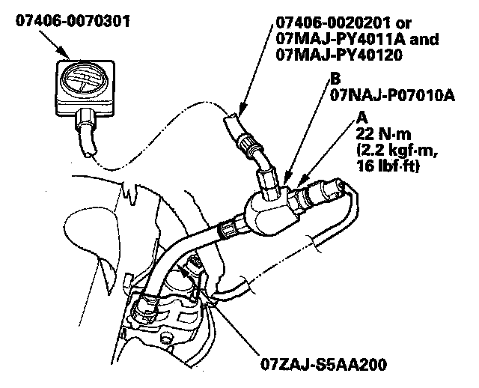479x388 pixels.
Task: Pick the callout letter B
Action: coord(335,77)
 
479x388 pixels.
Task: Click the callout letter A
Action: coord(362,117)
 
